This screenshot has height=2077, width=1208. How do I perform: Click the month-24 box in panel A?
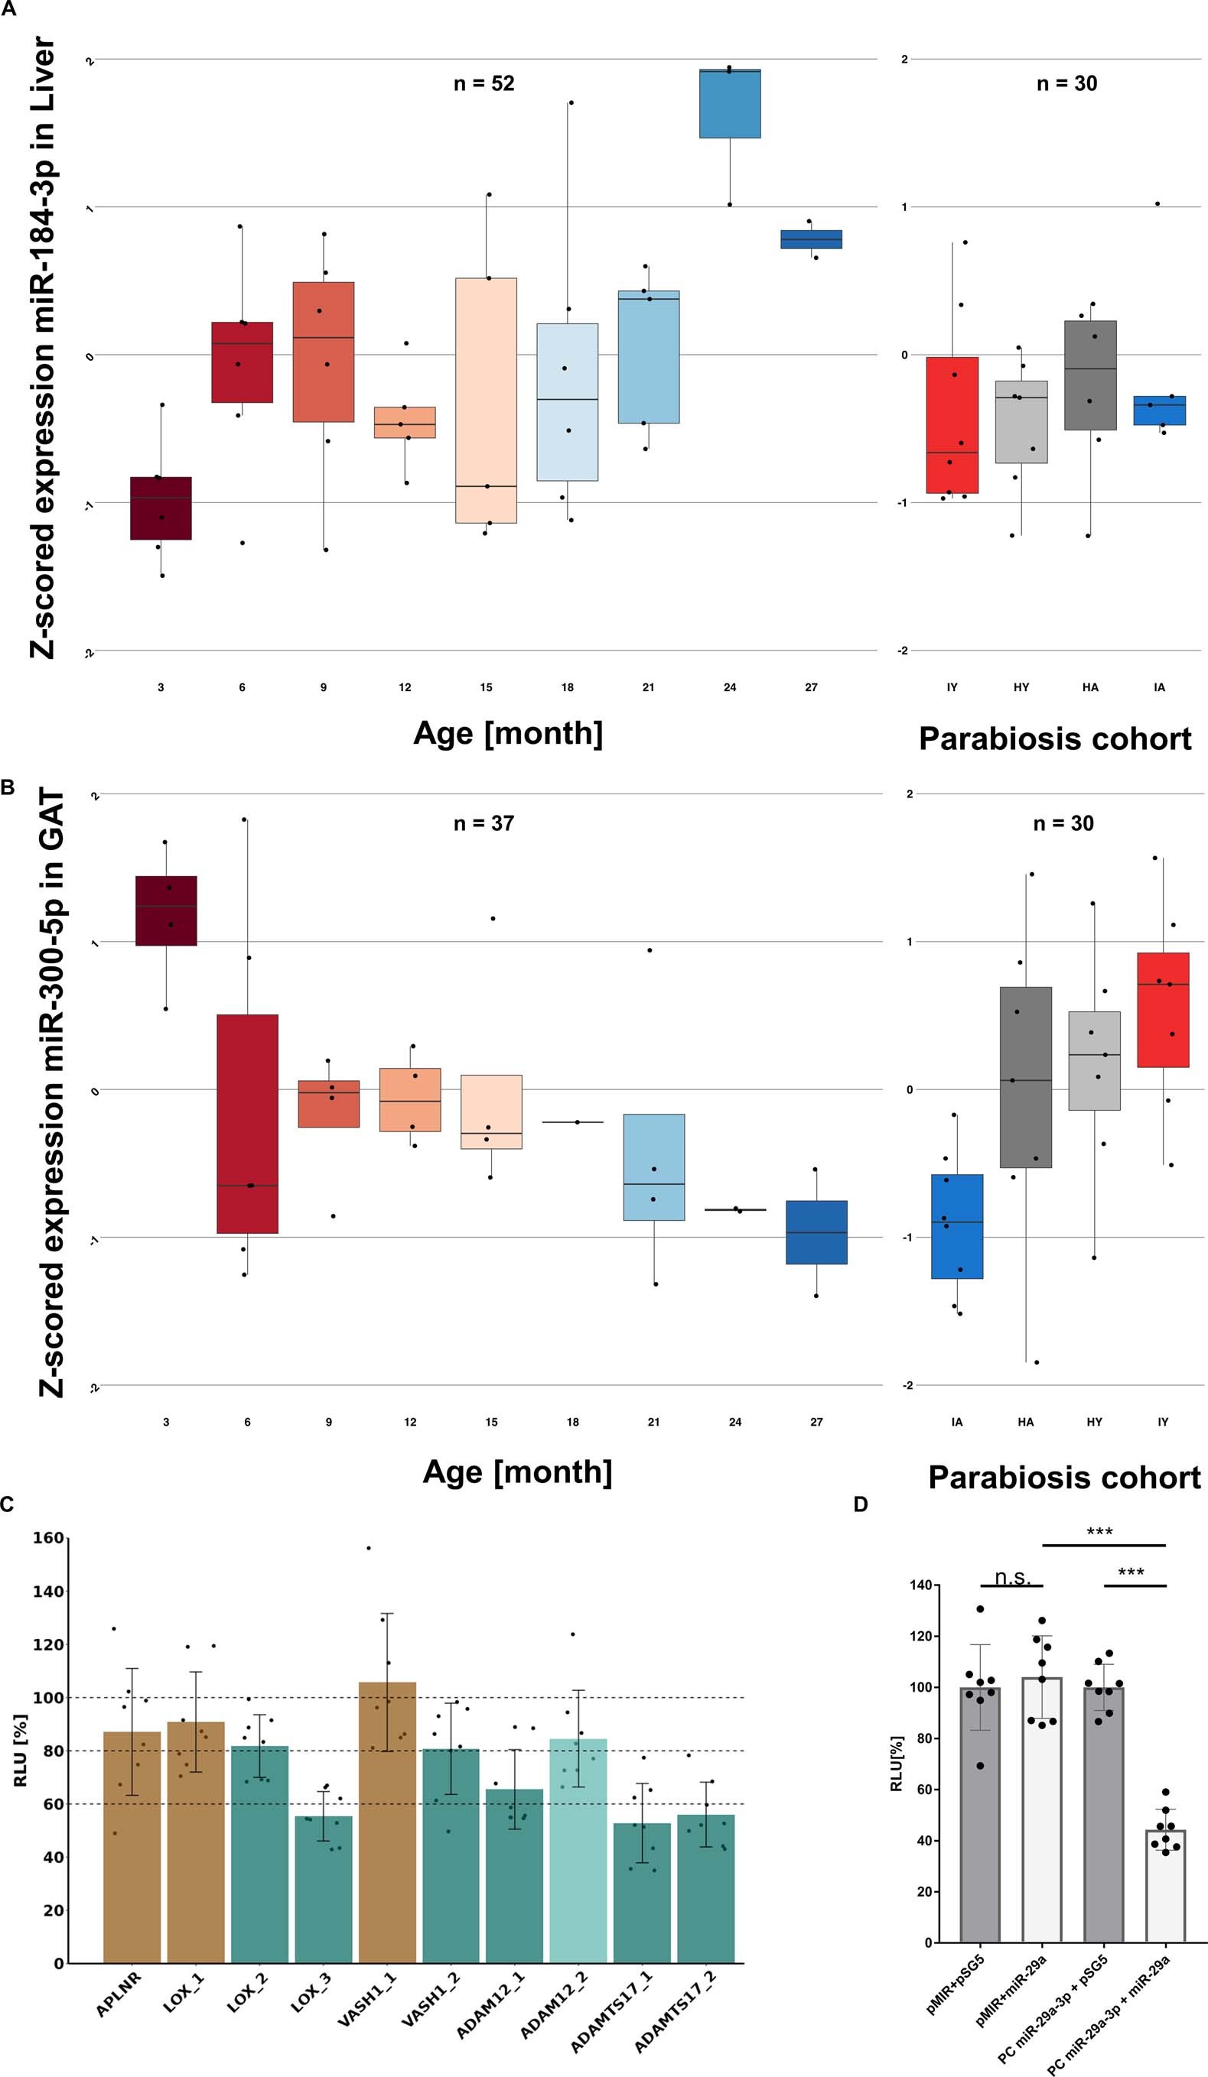tap(730, 104)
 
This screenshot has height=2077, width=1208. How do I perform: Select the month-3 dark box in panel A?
tap(161, 508)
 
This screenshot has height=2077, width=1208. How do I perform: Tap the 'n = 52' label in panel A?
tap(484, 83)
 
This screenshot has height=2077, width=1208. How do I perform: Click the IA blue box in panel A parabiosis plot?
tap(1159, 411)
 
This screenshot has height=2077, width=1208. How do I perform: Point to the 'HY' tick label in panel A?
tap(1021, 686)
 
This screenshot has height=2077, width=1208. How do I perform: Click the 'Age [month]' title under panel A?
tap(508, 732)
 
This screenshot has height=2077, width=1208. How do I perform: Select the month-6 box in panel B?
tap(247, 1124)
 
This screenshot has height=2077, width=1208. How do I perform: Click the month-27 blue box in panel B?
tap(816, 1232)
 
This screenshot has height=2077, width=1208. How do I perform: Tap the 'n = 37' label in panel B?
tap(484, 823)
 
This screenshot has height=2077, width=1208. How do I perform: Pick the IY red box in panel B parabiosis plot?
tap(1163, 1010)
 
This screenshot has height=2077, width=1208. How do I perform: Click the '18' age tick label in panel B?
tap(572, 1422)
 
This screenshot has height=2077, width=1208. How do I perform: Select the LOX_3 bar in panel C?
tap(324, 1889)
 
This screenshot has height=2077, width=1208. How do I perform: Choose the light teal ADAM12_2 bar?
tap(579, 1851)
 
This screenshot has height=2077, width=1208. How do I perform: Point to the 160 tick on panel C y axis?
tap(48, 1538)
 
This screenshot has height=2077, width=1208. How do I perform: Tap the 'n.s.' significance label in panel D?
tap(1011, 1578)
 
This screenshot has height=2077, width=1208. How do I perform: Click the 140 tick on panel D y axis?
tap(921, 1585)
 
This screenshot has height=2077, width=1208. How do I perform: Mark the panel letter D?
tap(860, 1505)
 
